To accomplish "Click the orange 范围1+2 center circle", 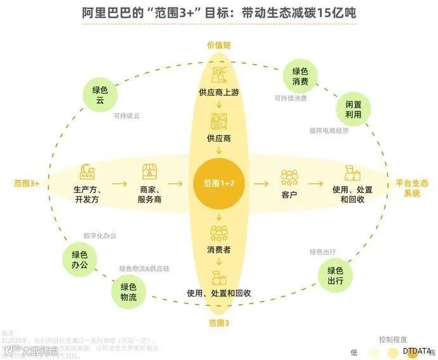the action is [x=218, y=183].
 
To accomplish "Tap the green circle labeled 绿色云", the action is [x=100, y=95].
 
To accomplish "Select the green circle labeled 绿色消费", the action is [x=300, y=77].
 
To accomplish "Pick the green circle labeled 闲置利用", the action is [x=353, y=109].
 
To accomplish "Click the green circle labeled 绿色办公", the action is [x=80, y=259].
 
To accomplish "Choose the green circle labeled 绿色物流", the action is [x=129, y=291].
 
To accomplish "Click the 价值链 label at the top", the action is [x=218, y=45].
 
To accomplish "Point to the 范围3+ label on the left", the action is [x=27, y=183].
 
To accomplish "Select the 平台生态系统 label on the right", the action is [x=411, y=188].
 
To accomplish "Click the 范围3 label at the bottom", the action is [x=218, y=323].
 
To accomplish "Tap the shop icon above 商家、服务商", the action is [x=150, y=172].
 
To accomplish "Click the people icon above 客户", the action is [x=289, y=174].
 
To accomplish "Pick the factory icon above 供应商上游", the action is [x=218, y=74].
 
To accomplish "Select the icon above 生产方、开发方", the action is [x=88, y=172].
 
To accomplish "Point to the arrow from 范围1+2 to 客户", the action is [x=260, y=183].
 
